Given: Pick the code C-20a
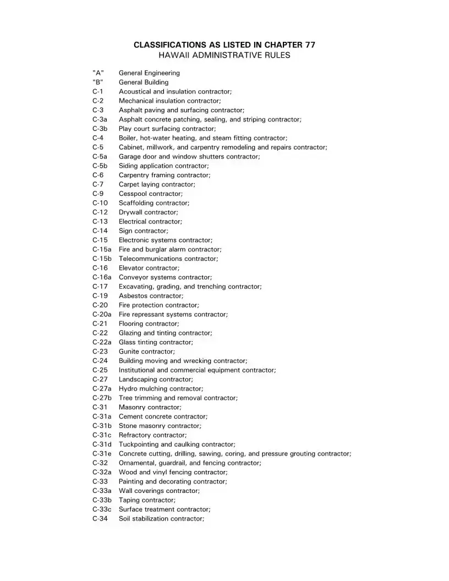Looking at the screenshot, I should (x=102, y=314).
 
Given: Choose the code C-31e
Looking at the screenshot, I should (x=102, y=453).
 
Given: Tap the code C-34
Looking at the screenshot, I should (x=100, y=519).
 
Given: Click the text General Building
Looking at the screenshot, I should (x=144, y=82).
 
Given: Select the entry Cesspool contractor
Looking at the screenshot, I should (x=151, y=194).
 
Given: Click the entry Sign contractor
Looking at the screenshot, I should (x=144, y=231).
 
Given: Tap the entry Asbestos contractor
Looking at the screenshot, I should (x=151, y=296).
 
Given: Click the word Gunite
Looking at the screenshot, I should (x=129, y=352).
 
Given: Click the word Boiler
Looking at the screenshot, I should (x=128, y=138).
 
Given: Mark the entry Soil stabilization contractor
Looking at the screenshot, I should (x=161, y=519).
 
